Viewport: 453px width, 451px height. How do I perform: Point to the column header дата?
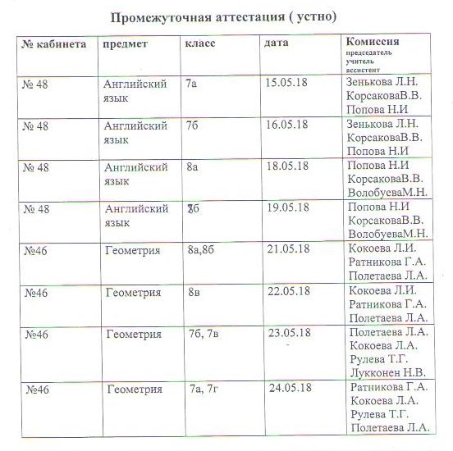(277, 43)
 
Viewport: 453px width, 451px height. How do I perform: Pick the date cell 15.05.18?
(286, 84)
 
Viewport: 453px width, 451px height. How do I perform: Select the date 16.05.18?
(286, 125)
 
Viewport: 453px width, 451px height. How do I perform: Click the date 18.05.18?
(286, 166)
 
